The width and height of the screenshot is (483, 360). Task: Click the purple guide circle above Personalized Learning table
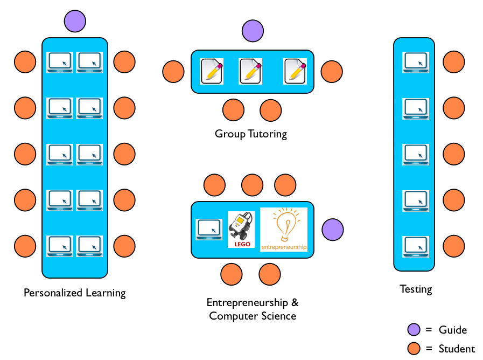tap(75, 22)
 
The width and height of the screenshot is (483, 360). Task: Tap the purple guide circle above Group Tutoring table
tap(252, 31)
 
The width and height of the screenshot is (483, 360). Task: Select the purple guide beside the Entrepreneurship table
tap(332, 230)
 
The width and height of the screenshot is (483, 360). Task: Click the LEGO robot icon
tap(241, 230)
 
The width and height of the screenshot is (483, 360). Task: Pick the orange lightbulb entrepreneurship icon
tap(284, 230)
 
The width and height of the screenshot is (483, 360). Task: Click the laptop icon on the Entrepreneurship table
tap(208, 230)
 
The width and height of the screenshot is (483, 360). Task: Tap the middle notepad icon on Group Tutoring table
tap(250, 71)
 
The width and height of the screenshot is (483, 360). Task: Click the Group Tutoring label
tap(251, 134)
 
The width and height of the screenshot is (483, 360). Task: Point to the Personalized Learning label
tap(75, 293)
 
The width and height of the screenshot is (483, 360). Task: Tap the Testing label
tap(416, 289)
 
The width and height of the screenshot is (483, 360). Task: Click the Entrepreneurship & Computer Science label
tap(253, 309)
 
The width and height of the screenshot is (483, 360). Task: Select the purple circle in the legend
tap(414, 330)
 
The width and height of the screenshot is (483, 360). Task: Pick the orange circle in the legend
tap(414, 348)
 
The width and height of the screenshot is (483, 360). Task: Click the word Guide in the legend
tap(453, 330)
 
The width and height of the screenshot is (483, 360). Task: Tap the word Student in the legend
tap(457, 349)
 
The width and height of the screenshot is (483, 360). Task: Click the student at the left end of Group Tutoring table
tap(173, 72)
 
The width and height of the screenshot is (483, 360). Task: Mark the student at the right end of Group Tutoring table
tap(332, 72)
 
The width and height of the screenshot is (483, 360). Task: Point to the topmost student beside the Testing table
tap(453, 63)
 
